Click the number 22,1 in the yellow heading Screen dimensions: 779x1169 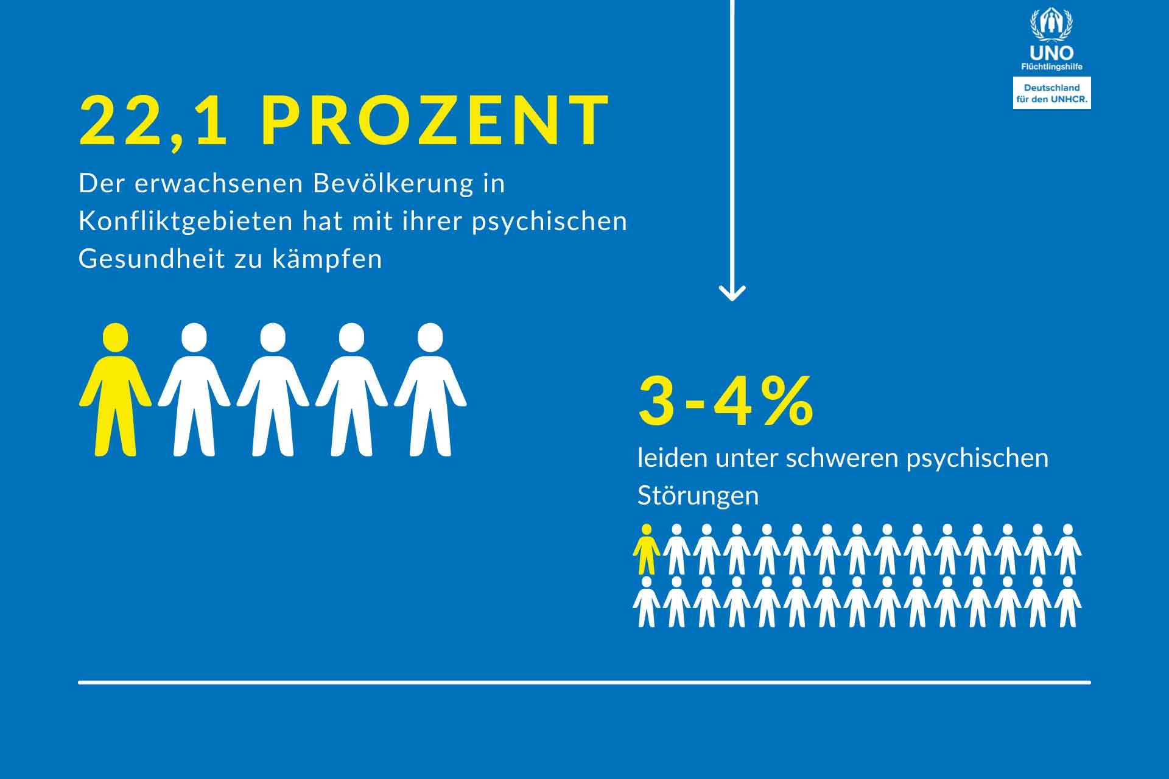pyautogui.click(x=153, y=121)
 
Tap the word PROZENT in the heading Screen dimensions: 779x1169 pyautogui.click(x=435, y=121)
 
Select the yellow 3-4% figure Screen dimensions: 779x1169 pyautogui.click(x=726, y=402)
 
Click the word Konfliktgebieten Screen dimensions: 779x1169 pyautogui.click(x=186, y=221)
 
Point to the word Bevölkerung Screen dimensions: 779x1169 pyautogui.click(x=393, y=183)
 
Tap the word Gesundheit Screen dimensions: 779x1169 pyautogui.click(x=152, y=259)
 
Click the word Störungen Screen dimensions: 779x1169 pyautogui.click(x=698, y=495)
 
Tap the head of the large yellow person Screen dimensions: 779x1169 pyautogui.click(x=116, y=337)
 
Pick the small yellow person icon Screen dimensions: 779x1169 pyautogui.click(x=646, y=550)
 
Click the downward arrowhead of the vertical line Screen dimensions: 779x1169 pyautogui.click(x=732, y=293)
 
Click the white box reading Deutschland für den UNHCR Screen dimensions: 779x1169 pyautogui.click(x=1051, y=93)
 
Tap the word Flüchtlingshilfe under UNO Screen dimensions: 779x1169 pyautogui.click(x=1051, y=67)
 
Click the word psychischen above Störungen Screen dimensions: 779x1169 pyautogui.click(x=977, y=458)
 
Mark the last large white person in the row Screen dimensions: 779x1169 pyautogui.click(x=430, y=389)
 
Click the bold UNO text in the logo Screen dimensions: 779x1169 pyautogui.click(x=1051, y=54)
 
